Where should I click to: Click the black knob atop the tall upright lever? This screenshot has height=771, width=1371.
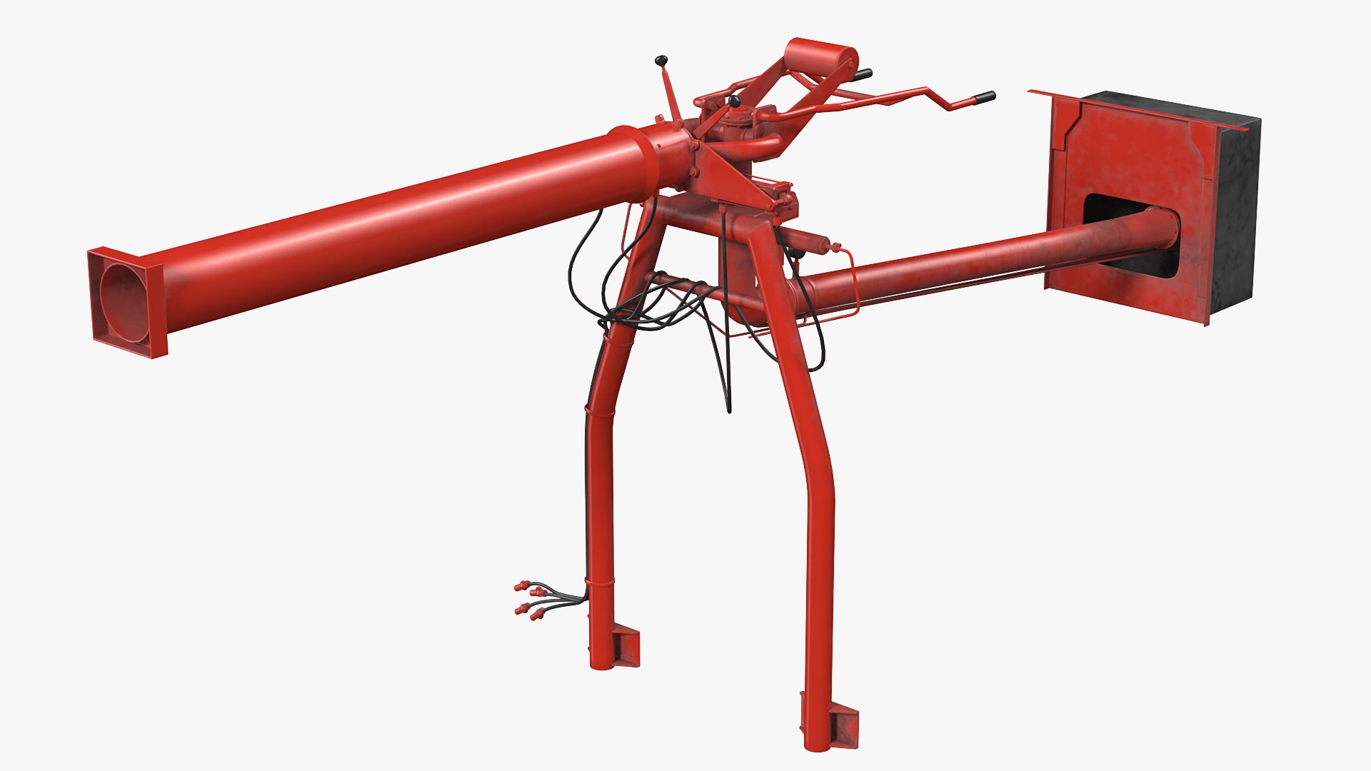pyautogui.click(x=661, y=60)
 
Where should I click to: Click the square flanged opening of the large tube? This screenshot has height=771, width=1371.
pyautogui.click(x=126, y=302)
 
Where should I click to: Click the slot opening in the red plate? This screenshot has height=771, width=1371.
pyautogui.click(x=1128, y=236)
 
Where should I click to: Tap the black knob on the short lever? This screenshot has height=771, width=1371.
pyautogui.click(x=734, y=103)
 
